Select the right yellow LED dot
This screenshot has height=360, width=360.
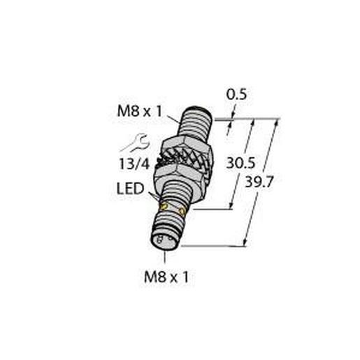[182, 210]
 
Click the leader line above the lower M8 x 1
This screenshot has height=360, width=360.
[166, 259]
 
